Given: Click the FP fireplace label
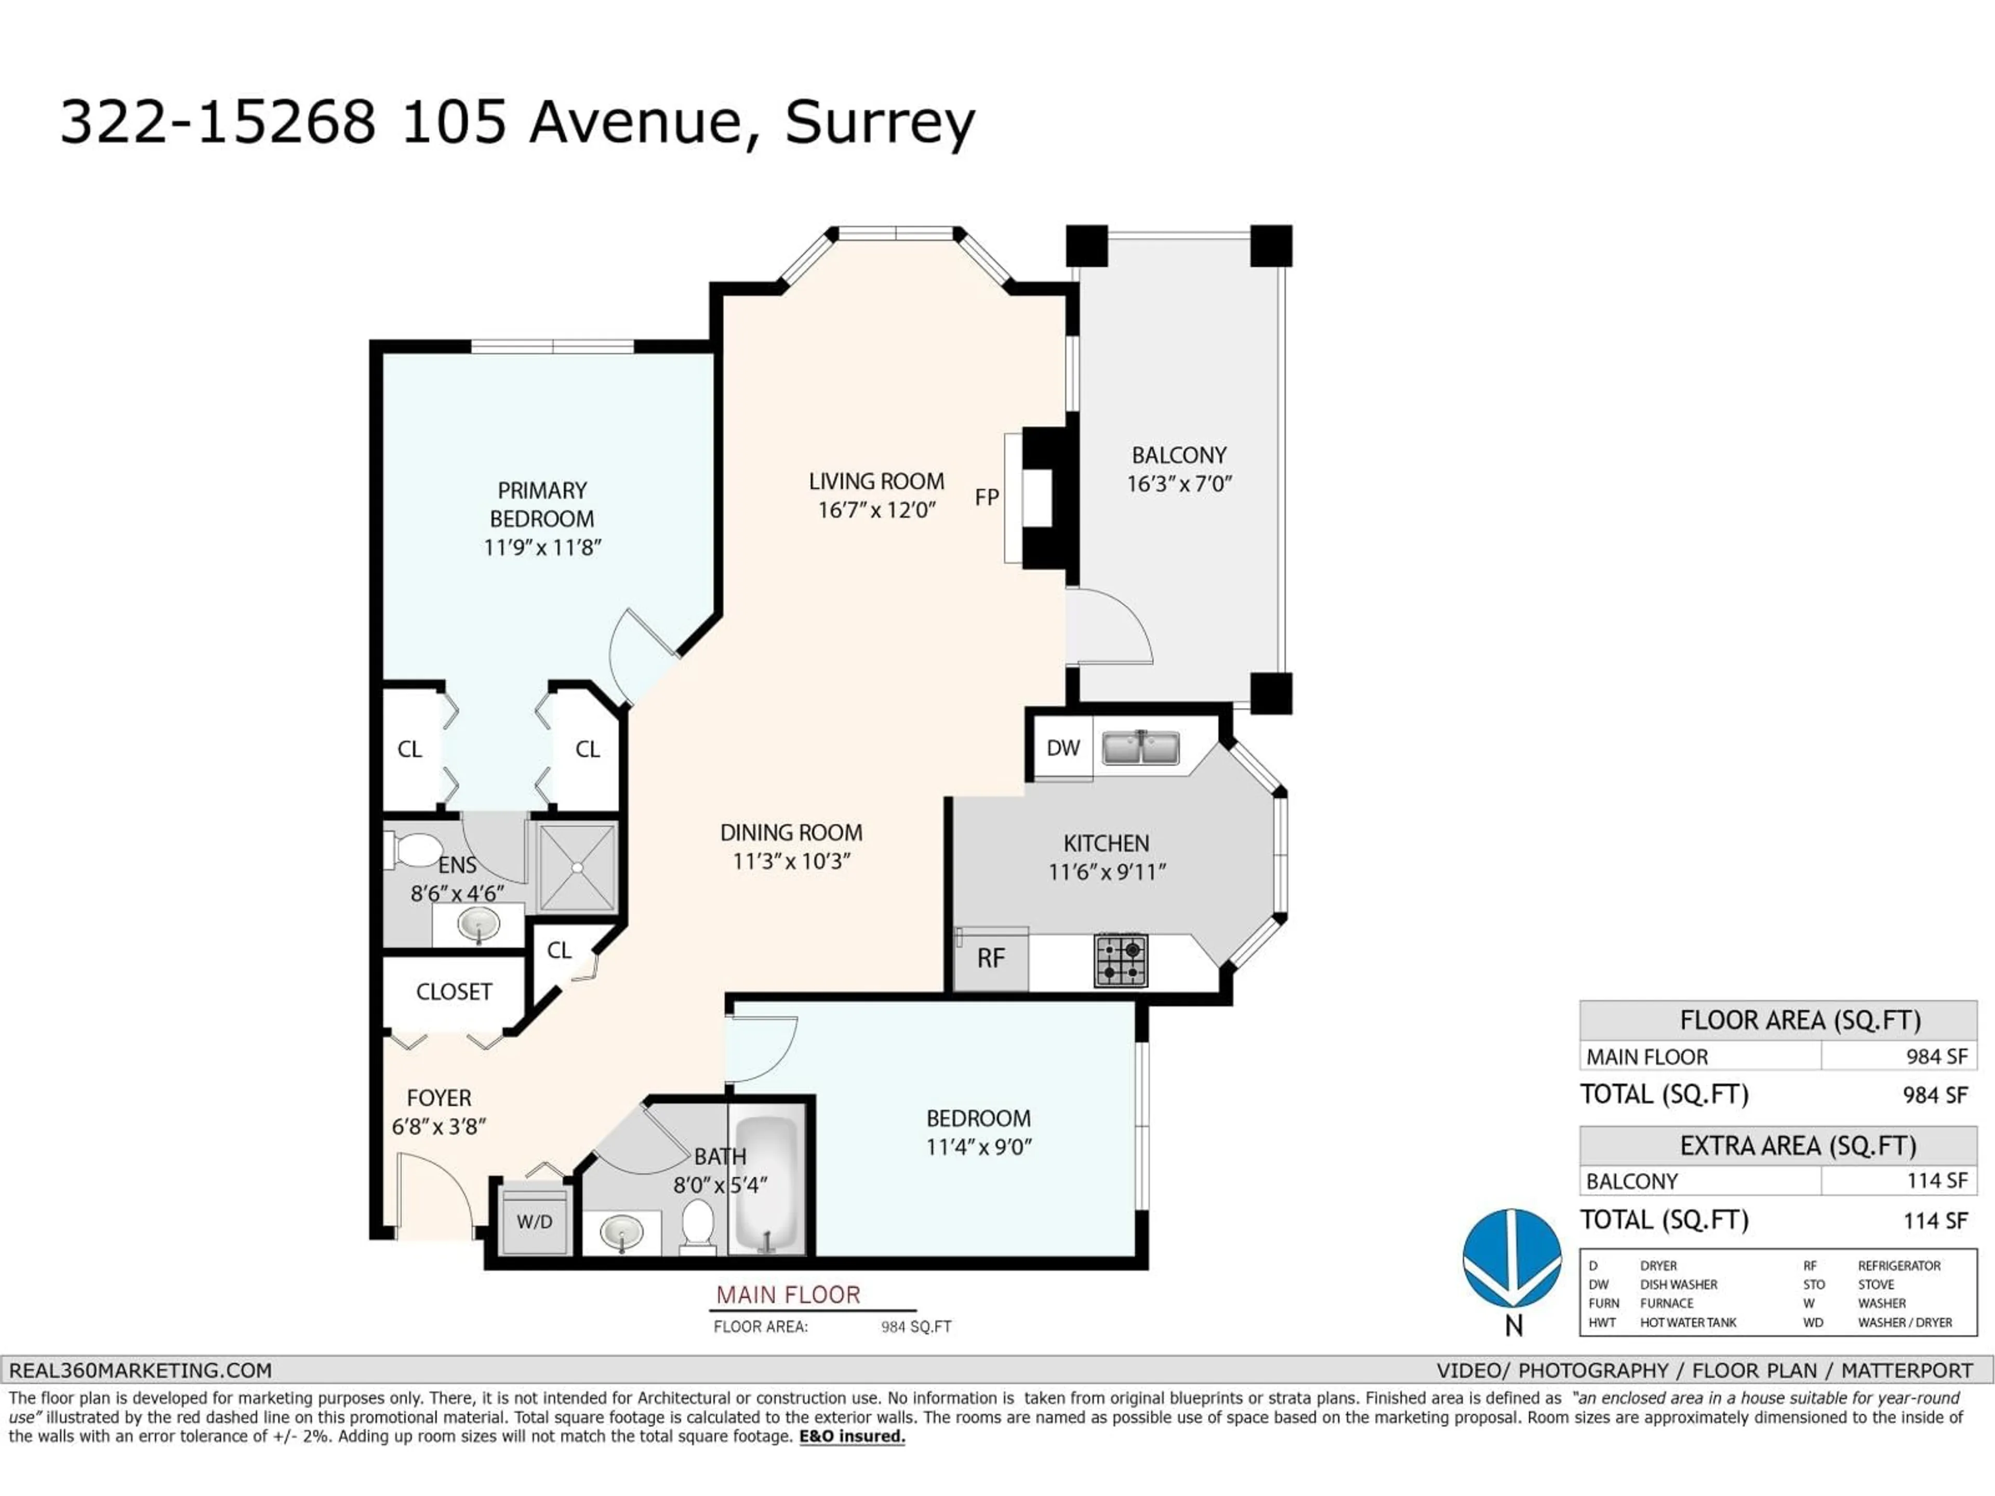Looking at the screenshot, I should pyautogui.click(x=987, y=498).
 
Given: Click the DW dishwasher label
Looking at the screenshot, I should pyautogui.click(x=1063, y=747).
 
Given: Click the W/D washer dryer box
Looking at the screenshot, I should pyautogui.click(x=535, y=1222).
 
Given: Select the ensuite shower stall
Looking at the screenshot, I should pyautogui.click(x=577, y=866).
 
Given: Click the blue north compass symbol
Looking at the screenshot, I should pyautogui.click(x=1512, y=1259).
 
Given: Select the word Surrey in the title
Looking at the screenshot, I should pyautogui.click(x=880, y=123).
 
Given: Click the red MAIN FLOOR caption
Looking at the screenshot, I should pyautogui.click(x=788, y=1295).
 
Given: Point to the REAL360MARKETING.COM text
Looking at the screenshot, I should pyautogui.click(x=141, y=1371).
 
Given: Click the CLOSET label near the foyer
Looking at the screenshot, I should pyautogui.click(x=454, y=992).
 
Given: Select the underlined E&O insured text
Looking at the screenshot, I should pyautogui.click(x=852, y=1436).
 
